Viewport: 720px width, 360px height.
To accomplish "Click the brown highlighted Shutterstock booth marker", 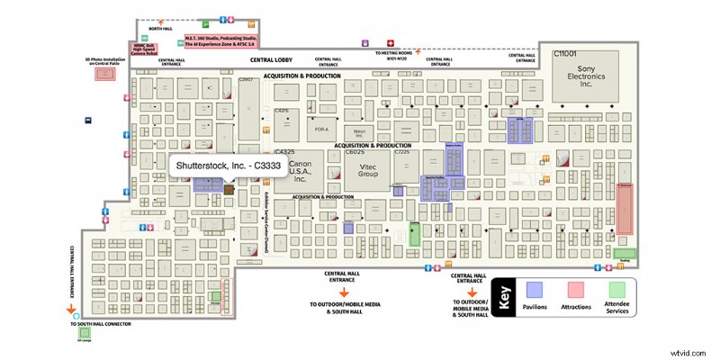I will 228,188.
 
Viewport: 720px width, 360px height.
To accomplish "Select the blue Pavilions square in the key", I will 534,289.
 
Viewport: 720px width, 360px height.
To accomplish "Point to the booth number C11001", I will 565,54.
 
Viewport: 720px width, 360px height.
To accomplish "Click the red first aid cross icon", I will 390,42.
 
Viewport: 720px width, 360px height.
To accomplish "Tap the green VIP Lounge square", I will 84,334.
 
